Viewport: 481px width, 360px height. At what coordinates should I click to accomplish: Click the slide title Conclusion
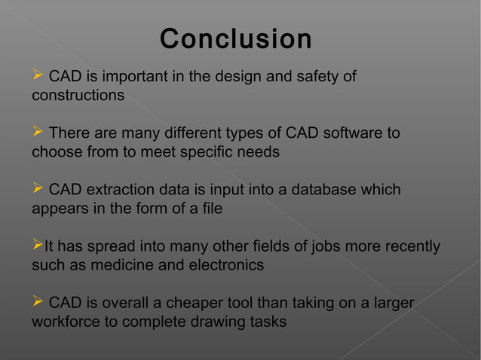click(236, 39)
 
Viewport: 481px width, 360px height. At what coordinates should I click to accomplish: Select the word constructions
click(78, 96)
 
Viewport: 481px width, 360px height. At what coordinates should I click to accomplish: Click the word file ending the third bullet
click(210, 209)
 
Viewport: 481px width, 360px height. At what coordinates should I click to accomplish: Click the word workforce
click(66, 322)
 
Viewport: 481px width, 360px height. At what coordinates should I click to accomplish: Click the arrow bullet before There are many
click(38, 133)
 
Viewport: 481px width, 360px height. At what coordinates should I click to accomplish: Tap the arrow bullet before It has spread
click(37, 246)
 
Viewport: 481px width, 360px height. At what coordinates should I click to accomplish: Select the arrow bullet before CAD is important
click(38, 77)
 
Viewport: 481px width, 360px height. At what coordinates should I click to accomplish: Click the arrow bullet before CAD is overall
click(38, 303)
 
